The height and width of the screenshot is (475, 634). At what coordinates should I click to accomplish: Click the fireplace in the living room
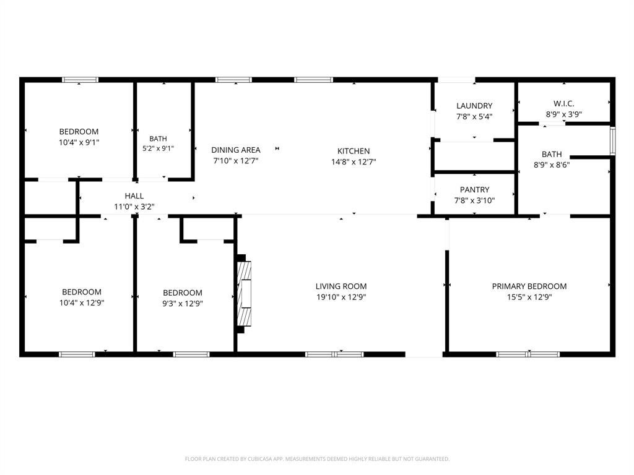point(244,294)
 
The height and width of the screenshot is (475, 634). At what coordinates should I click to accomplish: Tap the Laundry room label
point(474,106)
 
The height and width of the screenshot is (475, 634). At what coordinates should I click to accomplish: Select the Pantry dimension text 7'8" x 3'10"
point(474,200)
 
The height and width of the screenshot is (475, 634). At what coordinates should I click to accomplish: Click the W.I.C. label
point(563,104)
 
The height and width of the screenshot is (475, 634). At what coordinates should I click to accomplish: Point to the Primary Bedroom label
point(529,286)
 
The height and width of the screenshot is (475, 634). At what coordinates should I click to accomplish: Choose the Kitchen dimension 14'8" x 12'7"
point(354,162)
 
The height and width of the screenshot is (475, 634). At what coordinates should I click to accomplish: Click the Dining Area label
point(236,150)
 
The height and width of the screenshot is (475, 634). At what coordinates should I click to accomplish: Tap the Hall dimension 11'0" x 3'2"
point(134,207)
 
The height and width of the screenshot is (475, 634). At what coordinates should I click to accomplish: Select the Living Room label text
point(341,286)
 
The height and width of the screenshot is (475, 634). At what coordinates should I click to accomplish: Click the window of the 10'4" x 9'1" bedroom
point(80,80)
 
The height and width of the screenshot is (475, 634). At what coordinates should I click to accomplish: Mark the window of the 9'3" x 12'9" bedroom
point(191,354)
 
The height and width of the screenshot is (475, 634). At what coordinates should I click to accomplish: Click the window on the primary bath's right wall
point(612,140)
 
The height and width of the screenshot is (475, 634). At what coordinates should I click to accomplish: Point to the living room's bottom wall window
point(334,354)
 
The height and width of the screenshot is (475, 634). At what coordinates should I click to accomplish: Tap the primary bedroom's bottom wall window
point(528,354)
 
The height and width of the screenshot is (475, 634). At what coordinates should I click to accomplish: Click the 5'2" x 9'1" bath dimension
point(158,148)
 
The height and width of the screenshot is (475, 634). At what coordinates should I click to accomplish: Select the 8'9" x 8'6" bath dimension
point(552,165)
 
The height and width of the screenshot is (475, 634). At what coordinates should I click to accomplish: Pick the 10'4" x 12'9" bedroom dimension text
point(82,303)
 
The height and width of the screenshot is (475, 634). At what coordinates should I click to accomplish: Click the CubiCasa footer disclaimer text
point(317,459)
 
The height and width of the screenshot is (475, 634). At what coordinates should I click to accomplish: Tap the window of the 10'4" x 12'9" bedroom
point(77,354)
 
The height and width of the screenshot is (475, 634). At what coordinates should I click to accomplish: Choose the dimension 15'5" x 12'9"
point(529,297)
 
